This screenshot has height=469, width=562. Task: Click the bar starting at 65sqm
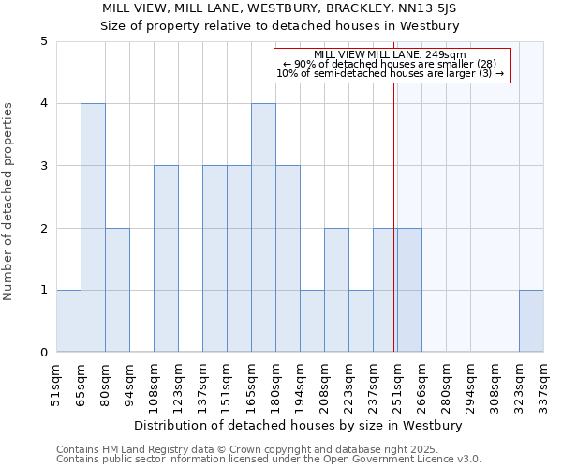click(93, 228)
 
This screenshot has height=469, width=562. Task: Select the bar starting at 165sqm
click(263, 228)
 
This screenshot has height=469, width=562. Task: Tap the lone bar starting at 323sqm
click(531, 322)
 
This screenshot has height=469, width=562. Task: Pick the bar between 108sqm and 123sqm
click(166, 259)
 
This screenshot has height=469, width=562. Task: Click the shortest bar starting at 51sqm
click(68, 322)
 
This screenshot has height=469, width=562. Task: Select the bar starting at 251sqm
click(409, 290)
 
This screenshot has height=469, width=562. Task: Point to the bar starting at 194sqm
click(312, 322)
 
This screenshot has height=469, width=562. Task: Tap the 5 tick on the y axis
click(44, 41)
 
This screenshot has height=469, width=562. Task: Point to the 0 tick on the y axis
click(44, 353)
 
